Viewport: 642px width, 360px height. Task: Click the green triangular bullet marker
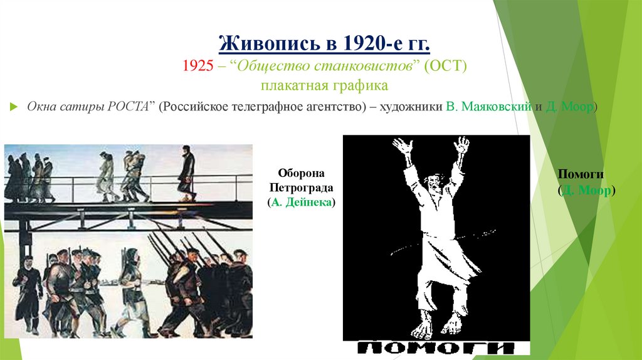(x=14, y=107)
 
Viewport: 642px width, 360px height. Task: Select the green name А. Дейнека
(x=300, y=202)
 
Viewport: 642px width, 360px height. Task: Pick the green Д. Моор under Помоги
(x=586, y=190)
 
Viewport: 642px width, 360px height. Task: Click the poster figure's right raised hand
(x=462, y=145)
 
